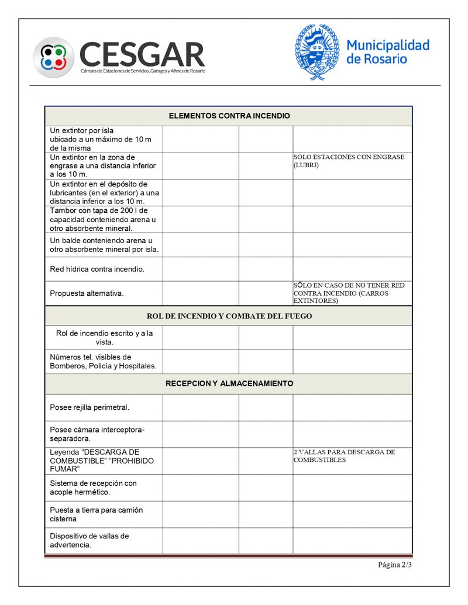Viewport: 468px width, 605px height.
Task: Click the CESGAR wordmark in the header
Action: pyautogui.click(x=142, y=54)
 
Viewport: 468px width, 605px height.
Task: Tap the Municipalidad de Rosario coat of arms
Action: pyautogui.click(x=316, y=51)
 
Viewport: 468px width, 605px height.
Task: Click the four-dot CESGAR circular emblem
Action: pyautogui.click(x=53, y=57)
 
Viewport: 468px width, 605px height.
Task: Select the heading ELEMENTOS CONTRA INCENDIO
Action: pyautogui.click(x=229, y=116)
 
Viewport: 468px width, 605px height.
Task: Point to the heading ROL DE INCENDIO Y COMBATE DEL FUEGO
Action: pyautogui.click(x=229, y=316)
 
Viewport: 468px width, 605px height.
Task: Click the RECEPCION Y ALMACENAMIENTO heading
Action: pyautogui.click(x=229, y=384)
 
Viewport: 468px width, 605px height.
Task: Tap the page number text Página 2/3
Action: pyautogui.click(x=395, y=565)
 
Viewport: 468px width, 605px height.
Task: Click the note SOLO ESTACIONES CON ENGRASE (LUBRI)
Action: pyautogui.click(x=349, y=161)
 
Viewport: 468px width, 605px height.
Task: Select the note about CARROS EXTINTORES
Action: pyautogui.click(x=349, y=293)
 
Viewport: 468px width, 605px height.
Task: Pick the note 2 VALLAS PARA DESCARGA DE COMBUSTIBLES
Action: pyautogui.click(x=344, y=456)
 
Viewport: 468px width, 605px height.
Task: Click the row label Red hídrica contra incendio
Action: pyautogui.click(x=97, y=269)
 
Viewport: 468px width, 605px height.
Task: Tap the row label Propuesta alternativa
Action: pyautogui.click(x=87, y=293)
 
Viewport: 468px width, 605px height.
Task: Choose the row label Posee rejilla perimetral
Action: pyautogui.click(x=89, y=407)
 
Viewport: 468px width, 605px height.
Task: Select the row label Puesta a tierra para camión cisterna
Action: pyautogui.click(x=96, y=514)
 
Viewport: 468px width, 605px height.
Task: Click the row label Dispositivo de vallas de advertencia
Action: pyautogui.click(x=89, y=541)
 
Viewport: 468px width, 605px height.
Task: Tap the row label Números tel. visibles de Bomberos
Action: pyautogui.click(x=102, y=362)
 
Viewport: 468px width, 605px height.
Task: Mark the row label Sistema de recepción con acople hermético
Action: pyautogui.click(x=93, y=488)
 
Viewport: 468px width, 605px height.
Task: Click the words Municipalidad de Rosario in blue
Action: pyautogui.click(x=387, y=51)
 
